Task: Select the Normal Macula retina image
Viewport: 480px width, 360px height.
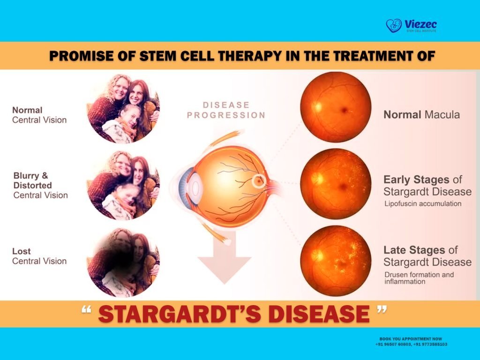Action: coord(336,107)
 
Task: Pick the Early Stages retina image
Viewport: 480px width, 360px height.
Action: coord(336,184)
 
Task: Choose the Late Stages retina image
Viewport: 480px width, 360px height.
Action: coord(336,261)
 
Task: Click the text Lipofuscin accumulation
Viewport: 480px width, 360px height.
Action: coord(423,204)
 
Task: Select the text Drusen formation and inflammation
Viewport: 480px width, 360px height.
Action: coord(419,278)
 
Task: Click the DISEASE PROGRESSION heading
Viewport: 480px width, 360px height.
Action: coord(226,110)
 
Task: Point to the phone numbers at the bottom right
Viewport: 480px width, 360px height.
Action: coord(411,344)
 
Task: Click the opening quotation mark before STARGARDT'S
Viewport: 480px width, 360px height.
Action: coord(86,311)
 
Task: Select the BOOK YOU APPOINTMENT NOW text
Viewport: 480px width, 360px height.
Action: coord(411,338)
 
